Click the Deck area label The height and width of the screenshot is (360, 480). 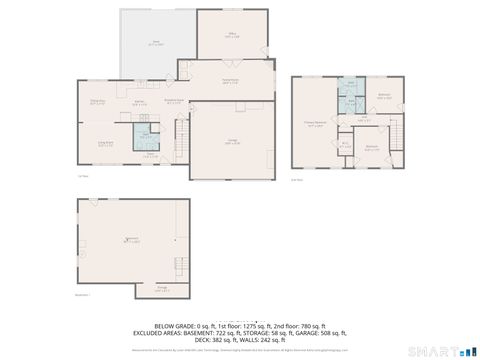[156, 45]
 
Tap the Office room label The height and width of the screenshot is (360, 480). [232, 36]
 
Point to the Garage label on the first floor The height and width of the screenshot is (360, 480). [231, 142]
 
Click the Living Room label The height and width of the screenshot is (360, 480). [104, 143]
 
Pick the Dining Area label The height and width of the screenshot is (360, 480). [99, 102]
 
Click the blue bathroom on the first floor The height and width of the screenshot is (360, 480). [147, 136]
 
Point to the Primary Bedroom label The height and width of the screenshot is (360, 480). [315, 125]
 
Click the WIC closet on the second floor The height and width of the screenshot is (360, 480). [345, 143]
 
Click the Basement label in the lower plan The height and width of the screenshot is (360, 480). [131, 240]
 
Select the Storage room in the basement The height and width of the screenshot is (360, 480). [162, 289]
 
